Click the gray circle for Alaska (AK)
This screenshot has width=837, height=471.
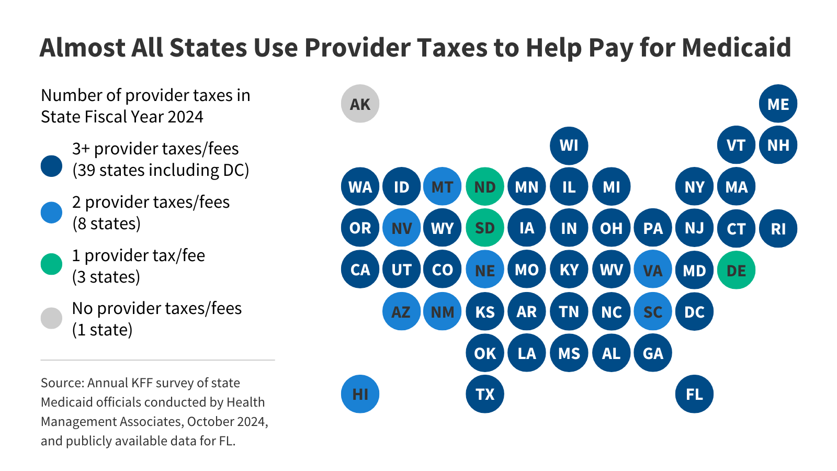(x=360, y=104)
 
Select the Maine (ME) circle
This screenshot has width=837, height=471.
(x=778, y=104)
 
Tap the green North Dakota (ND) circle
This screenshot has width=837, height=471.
(x=485, y=186)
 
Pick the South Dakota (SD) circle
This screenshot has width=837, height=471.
(x=485, y=228)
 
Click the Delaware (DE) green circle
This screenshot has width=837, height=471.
(x=736, y=270)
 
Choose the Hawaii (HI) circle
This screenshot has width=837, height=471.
(x=360, y=394)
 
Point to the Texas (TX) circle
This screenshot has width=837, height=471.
(x=485, y=394)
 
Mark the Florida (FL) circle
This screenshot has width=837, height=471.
(x=694, y=394)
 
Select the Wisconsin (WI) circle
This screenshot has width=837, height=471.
(x=569, y=145)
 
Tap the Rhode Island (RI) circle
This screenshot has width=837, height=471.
(x=778, y=228)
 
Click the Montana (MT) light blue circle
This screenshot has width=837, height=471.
(x=443, y=186)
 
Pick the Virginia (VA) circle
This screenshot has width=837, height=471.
(x=652, y=270)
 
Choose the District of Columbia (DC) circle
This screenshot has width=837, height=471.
(x=694, y=312)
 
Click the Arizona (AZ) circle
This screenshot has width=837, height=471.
(x=401, y=312)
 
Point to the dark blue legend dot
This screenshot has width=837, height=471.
(x=51, y=166)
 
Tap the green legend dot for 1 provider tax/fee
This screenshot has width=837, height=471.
(x=51, y=264)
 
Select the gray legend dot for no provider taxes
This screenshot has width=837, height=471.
(x=51, y=318)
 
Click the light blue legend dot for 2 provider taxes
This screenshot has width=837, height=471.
(x=51, y=212)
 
